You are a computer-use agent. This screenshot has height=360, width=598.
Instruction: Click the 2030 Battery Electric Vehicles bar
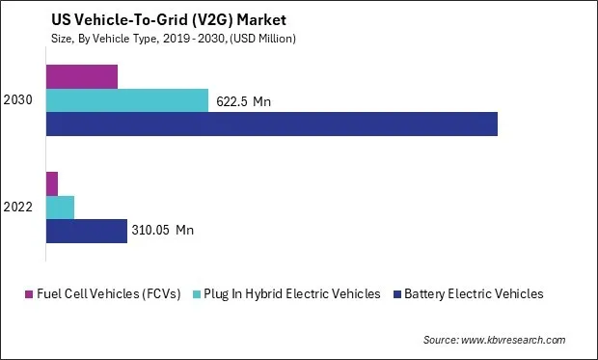coord(271,124)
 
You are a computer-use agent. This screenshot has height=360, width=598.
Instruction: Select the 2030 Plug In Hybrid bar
coord(126,100)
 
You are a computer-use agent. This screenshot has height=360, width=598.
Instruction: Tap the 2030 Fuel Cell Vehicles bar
coord(82,77)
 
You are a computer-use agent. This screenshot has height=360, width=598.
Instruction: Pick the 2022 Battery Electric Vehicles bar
coord(87,231)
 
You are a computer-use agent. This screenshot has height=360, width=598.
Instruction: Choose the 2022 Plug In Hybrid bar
coord(60,207)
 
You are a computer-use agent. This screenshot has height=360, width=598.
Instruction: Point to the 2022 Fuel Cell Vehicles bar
coord(52,183)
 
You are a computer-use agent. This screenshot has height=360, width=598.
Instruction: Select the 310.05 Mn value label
coord(163,231)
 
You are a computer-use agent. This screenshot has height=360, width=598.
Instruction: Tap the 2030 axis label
coord(18,100)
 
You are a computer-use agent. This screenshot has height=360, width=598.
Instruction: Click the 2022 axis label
coord(18,207)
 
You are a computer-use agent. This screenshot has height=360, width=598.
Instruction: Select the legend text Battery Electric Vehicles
coord(474,294)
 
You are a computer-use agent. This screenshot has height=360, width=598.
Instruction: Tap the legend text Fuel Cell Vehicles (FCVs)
coord(109,294)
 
